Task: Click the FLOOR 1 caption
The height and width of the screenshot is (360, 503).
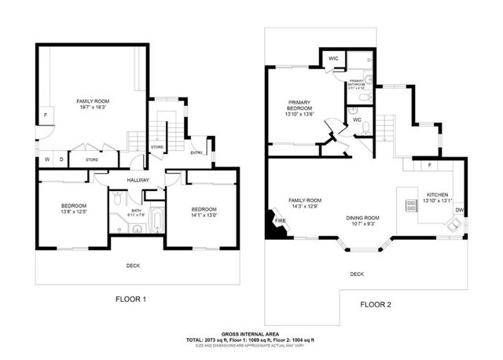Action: [x=131, y=299]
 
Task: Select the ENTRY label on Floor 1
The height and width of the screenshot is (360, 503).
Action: [x=196, y=152]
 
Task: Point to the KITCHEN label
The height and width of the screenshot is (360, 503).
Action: [x=438, y=194]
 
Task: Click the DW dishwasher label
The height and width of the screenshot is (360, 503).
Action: [x=458, y=209]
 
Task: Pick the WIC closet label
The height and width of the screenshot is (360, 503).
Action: [x=333, y=58]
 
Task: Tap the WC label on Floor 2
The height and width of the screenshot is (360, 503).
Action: [x=356, y=120]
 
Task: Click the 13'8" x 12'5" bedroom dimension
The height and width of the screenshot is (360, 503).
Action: [x=72, y=211]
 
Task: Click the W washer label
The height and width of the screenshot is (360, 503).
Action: [x=46, y=160]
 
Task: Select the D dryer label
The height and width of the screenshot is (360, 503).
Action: [x=61, y=160]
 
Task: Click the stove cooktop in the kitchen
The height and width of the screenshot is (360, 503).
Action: [x=409, y=206]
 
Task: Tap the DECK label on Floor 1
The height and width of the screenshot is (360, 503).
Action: [x=134, y=265]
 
